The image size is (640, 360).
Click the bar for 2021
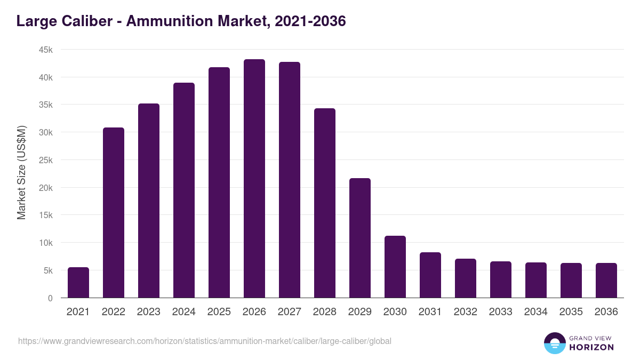[x=78, y=283]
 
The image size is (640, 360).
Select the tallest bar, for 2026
[x=254, y=179]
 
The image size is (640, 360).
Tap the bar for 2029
[x=360, y=238]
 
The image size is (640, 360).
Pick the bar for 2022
[x=114, y=213]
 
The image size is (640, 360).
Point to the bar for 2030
[x=395, y=267]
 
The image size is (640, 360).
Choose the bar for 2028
[x=325, y=203]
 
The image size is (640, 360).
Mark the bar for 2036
[x=606, y=281]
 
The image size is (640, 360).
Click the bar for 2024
[x=184, y=190]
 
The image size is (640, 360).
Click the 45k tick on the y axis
[x=45, y=50]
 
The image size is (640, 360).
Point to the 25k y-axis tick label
[x=45, y=160]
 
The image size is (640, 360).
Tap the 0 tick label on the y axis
[x=50, y=298]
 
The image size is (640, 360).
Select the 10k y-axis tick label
[x=45, y=243]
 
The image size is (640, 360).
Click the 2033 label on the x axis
[x=501, y=312]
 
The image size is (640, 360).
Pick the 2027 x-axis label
[x=290, y=312]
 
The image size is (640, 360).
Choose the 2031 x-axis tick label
[x=430, y=312]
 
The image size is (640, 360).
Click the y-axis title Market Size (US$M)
[x=21, y=173]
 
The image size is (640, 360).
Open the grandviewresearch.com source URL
[x=205, y=341]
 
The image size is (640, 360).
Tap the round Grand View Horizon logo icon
[x=555, y=343]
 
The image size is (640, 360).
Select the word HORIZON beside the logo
[x=591, y=347]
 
